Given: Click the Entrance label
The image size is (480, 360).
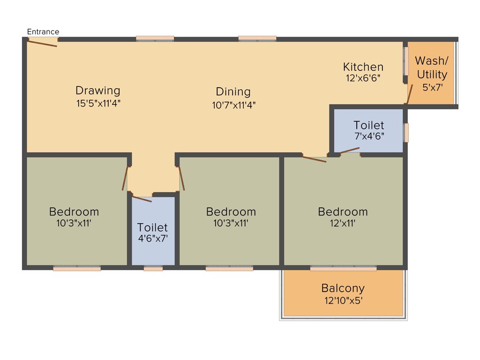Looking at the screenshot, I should pyautogui.click(x=43, y=32).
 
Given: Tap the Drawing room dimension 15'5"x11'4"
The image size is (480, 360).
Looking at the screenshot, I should pyautogui.click(x=98, y=104).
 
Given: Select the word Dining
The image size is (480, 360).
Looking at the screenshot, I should pyautogui.click(x=233, y=91).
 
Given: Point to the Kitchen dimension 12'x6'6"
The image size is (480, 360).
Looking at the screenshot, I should pyautogui.click(x=363, y=78).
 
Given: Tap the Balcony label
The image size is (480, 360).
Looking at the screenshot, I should pyautogui.click(x=343, y=288).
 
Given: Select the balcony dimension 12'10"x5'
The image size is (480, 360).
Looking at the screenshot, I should pyautogui.click(x=343, y=300).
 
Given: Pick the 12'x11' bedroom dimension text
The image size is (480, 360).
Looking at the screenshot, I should pyautogui.click(x=343, y=224).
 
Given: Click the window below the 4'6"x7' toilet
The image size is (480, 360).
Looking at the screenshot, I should pyautogui.click(x=153, y=269).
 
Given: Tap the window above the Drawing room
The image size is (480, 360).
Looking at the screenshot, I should pyautogui.click(x=155, y=38).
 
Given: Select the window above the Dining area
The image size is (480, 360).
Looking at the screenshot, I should pyautogui.click(x=257, y=38).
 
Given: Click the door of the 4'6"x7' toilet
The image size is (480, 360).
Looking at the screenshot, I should pyautogui.click(x=142, y=199).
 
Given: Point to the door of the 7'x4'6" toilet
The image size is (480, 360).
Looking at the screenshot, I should pyautogui.click(x=350, y=150).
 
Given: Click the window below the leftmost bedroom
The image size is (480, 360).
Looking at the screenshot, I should pyautogui.click(x=77, y=269).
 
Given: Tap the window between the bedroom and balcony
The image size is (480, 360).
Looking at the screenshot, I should pyautogui.click(x=343, y=269).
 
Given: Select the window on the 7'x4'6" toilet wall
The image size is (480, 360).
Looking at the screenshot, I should pyautogui.click(x=406, y=133).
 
